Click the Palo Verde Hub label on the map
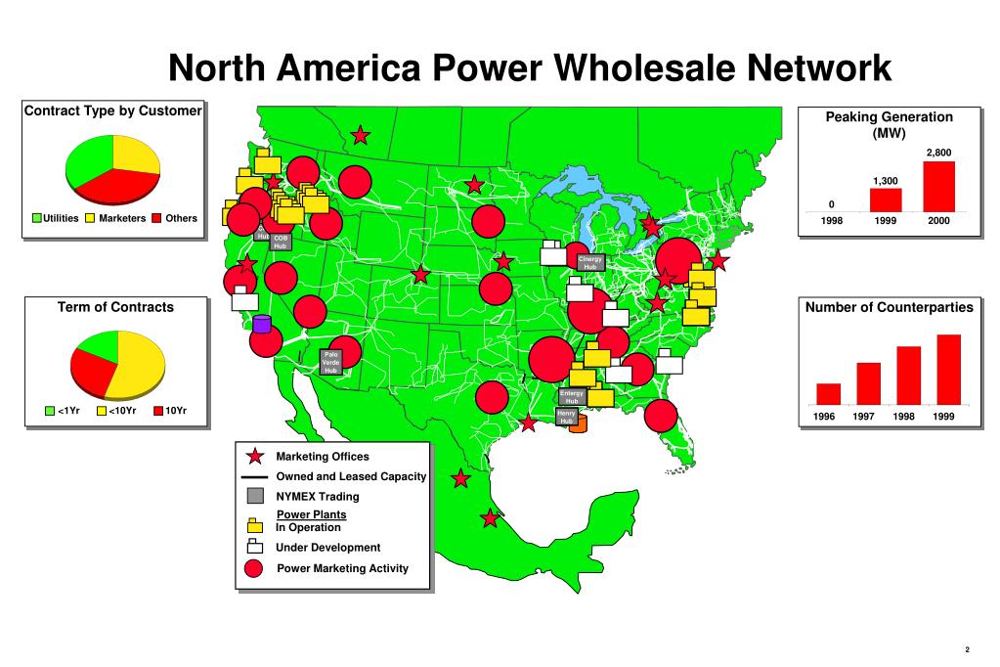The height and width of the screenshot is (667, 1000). pos(330,362)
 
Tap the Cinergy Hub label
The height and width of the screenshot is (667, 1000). pos(590,262)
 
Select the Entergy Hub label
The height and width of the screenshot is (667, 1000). pos(572,397)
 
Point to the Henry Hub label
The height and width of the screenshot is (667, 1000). pos(566,417)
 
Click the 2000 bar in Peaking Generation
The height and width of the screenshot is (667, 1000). pos(938,186)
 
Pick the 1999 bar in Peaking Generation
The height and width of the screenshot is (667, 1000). pos(886,200)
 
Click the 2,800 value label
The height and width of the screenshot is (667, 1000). pos(938,153)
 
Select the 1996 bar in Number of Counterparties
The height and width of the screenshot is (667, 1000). pos(828,393)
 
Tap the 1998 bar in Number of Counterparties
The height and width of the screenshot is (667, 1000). pos(908,375)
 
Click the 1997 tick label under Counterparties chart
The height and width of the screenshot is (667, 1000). pos(863,418)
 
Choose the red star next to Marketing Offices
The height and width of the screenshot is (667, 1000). pos(254,457)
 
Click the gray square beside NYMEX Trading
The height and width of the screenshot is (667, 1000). pos(254,496)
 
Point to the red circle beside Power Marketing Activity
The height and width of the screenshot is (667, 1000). pos(253,569)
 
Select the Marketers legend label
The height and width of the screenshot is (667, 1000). pos(122,218)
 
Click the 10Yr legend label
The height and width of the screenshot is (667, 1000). pos(176,411)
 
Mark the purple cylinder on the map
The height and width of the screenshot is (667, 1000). pos(261,324)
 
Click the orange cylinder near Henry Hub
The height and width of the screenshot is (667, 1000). pos(577,422)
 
